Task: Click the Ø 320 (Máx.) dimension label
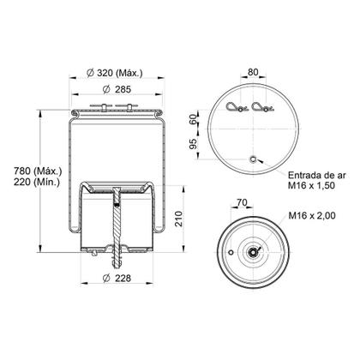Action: tap(114, 73)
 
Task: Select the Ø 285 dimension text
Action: tap(117, 89)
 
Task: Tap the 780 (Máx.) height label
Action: tap(38, 171)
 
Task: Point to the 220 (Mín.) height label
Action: tap(37, 182)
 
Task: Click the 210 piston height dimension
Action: tap(178, 219)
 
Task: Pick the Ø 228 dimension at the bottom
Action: tap(117, 278)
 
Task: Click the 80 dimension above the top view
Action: tap(253, 72)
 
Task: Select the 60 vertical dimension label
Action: tap(194, 119)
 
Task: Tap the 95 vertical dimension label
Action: tap(194, 144)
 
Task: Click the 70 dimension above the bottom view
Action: tap(242, 202)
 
